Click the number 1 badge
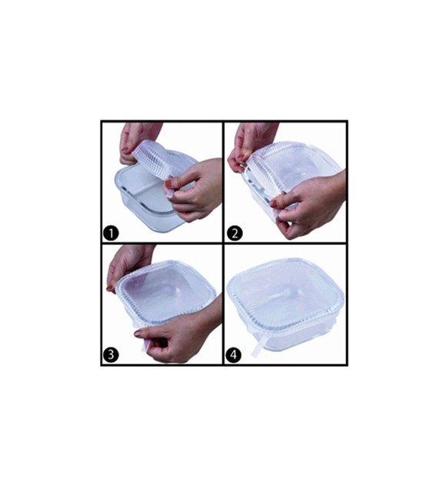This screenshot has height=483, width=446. point(111,233)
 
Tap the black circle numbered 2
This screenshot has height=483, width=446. point(235,233)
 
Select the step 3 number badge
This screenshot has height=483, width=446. point(111,355)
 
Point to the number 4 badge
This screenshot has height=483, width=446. point(234,355)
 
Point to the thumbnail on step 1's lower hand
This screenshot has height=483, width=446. point(169,183)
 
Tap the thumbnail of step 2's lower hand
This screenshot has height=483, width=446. point(273,203)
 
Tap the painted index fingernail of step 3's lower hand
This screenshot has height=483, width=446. point(138,334)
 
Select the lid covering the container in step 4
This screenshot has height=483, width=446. point(285,296)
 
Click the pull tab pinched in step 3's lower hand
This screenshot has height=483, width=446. point(145,345)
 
